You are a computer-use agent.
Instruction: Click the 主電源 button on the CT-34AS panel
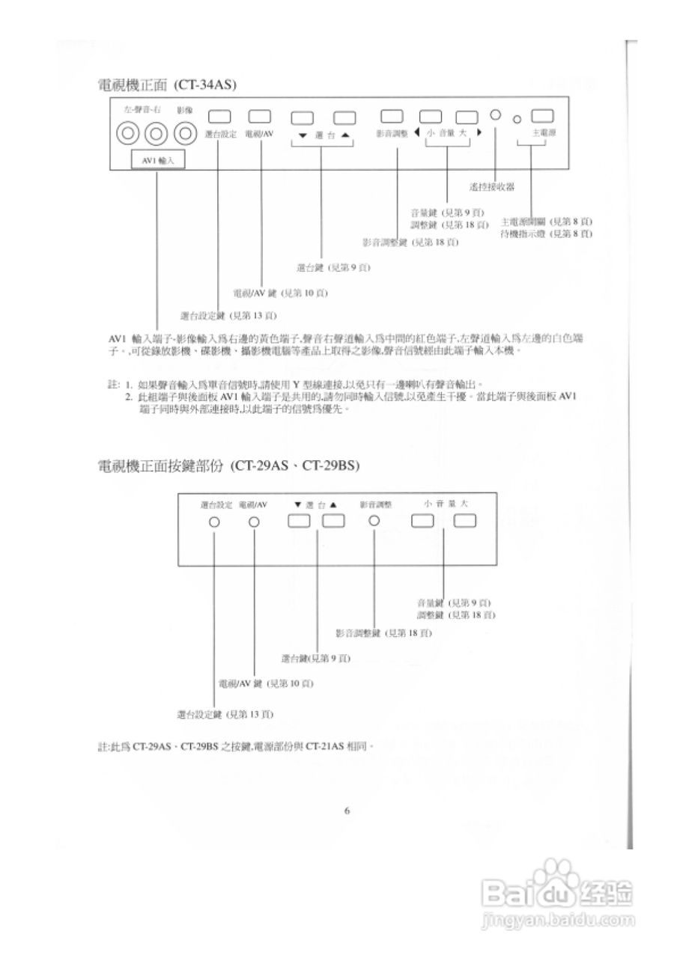point(541,116)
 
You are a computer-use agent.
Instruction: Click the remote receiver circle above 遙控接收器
point(495,116)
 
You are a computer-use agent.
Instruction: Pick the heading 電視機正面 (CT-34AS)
point(167,85)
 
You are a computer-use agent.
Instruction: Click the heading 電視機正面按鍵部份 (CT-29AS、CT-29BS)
point(228,466)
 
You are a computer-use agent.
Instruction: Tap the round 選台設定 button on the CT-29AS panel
point(214,522)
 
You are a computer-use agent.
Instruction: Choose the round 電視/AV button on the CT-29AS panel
point(254,522)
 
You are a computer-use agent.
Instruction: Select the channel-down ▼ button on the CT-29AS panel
point(300,522)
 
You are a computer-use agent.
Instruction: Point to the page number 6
point(347,810)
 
